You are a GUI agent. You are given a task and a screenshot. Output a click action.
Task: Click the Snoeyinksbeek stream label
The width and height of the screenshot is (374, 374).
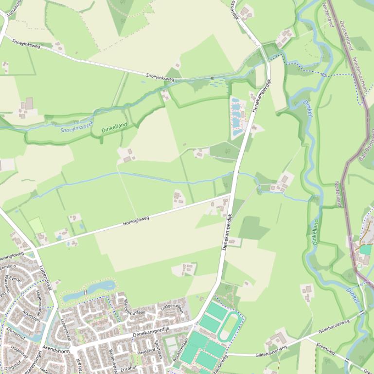[x=76, y=127]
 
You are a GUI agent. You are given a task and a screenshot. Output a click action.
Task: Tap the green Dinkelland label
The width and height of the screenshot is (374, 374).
[x=114, y=128]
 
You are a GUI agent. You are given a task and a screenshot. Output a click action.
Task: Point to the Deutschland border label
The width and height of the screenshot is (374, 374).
[x=346, y=35]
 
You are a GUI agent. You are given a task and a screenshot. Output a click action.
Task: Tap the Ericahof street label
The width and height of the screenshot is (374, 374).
[x=128, y=368]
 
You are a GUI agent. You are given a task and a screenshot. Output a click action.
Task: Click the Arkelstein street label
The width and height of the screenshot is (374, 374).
[x=31, y=316]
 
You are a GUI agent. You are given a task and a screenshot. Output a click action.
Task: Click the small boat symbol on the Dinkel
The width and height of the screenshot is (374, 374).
[x=323, y=74]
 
